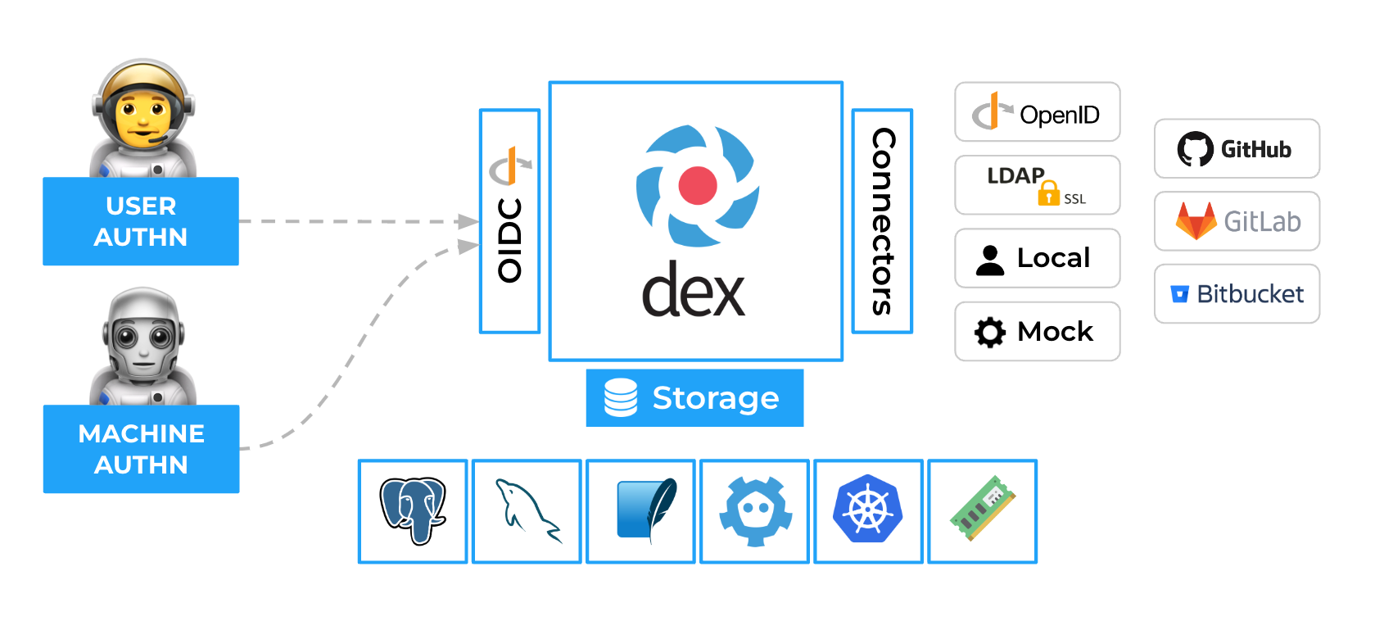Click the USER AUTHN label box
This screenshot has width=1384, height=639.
(x=141, y=221)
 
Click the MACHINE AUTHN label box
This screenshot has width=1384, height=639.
(x=141, y=449)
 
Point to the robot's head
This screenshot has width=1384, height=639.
(x=143, y=336)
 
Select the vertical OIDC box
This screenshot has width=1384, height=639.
(x=509, y=221)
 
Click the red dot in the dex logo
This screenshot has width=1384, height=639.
(x=698, y=185)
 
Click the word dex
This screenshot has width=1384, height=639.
(x=694, y=291)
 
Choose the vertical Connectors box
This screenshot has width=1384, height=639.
(x=882, y=221)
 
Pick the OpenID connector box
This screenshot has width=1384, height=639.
(x=1037, y=112)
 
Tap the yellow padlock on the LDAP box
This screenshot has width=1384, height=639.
(x=1049, y=193)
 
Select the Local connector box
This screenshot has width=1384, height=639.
(x=1037, y=258)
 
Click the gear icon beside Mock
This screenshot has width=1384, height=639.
(x=990, y=332)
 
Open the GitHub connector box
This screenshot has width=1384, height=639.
(x=1237, y=148)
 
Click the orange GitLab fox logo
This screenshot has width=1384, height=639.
(x=1196, y=220)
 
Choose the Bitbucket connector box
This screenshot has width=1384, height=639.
(x=1237, y=293)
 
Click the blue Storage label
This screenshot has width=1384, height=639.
(x=694, y=398)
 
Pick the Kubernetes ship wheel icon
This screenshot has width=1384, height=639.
(x=868, y=510)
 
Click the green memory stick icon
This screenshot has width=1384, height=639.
(x=983, y=510)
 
